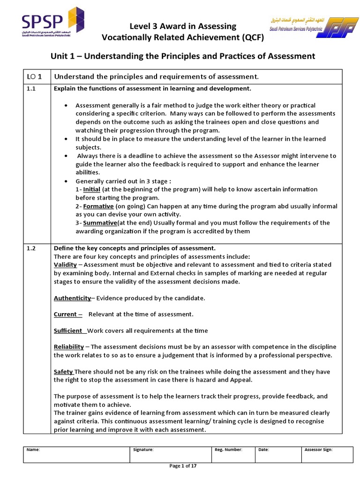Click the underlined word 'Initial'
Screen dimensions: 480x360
[91, 189]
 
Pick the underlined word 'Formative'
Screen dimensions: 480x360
[98, 206]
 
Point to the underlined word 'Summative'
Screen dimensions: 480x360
[100, 223]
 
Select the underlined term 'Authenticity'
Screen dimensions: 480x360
[72, 298]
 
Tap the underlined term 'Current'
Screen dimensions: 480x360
[66, 314]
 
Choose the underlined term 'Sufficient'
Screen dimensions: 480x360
[68, 330]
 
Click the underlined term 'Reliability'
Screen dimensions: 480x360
[69, 347]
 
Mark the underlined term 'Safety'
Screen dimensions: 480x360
[63, 372]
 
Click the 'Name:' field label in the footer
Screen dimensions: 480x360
[33, 450]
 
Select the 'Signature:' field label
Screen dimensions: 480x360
[143, 450]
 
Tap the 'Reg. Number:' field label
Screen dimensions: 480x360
[228, 450]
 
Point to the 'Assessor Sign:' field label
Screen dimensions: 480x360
[318, 450]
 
